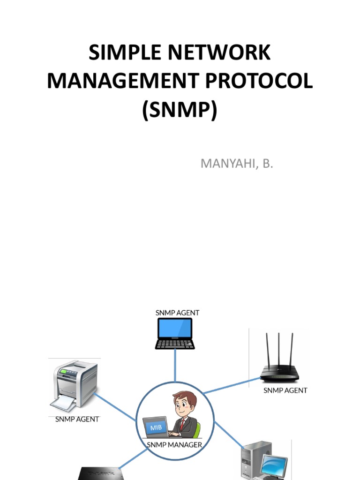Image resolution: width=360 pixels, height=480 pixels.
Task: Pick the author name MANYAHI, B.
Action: click(x=236, y=164)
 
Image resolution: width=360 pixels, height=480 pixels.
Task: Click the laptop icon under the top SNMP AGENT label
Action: click(x=175, y=333)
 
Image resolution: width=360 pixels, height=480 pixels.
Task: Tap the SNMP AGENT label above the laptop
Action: click(x=177, y=312)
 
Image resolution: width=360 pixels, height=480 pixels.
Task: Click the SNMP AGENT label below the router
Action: click(x=285, y=390)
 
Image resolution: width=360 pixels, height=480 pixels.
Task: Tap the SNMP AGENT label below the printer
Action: click(x=77, y=419)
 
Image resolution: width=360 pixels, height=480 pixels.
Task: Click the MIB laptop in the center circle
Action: click(x=156, y=427)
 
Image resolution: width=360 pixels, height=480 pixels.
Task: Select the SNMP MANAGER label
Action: click(x=175, y=445)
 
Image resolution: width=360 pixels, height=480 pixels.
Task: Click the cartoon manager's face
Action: click(x=184, y=404)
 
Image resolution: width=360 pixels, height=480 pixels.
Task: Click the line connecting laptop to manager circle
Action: click(x=175, y=366)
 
